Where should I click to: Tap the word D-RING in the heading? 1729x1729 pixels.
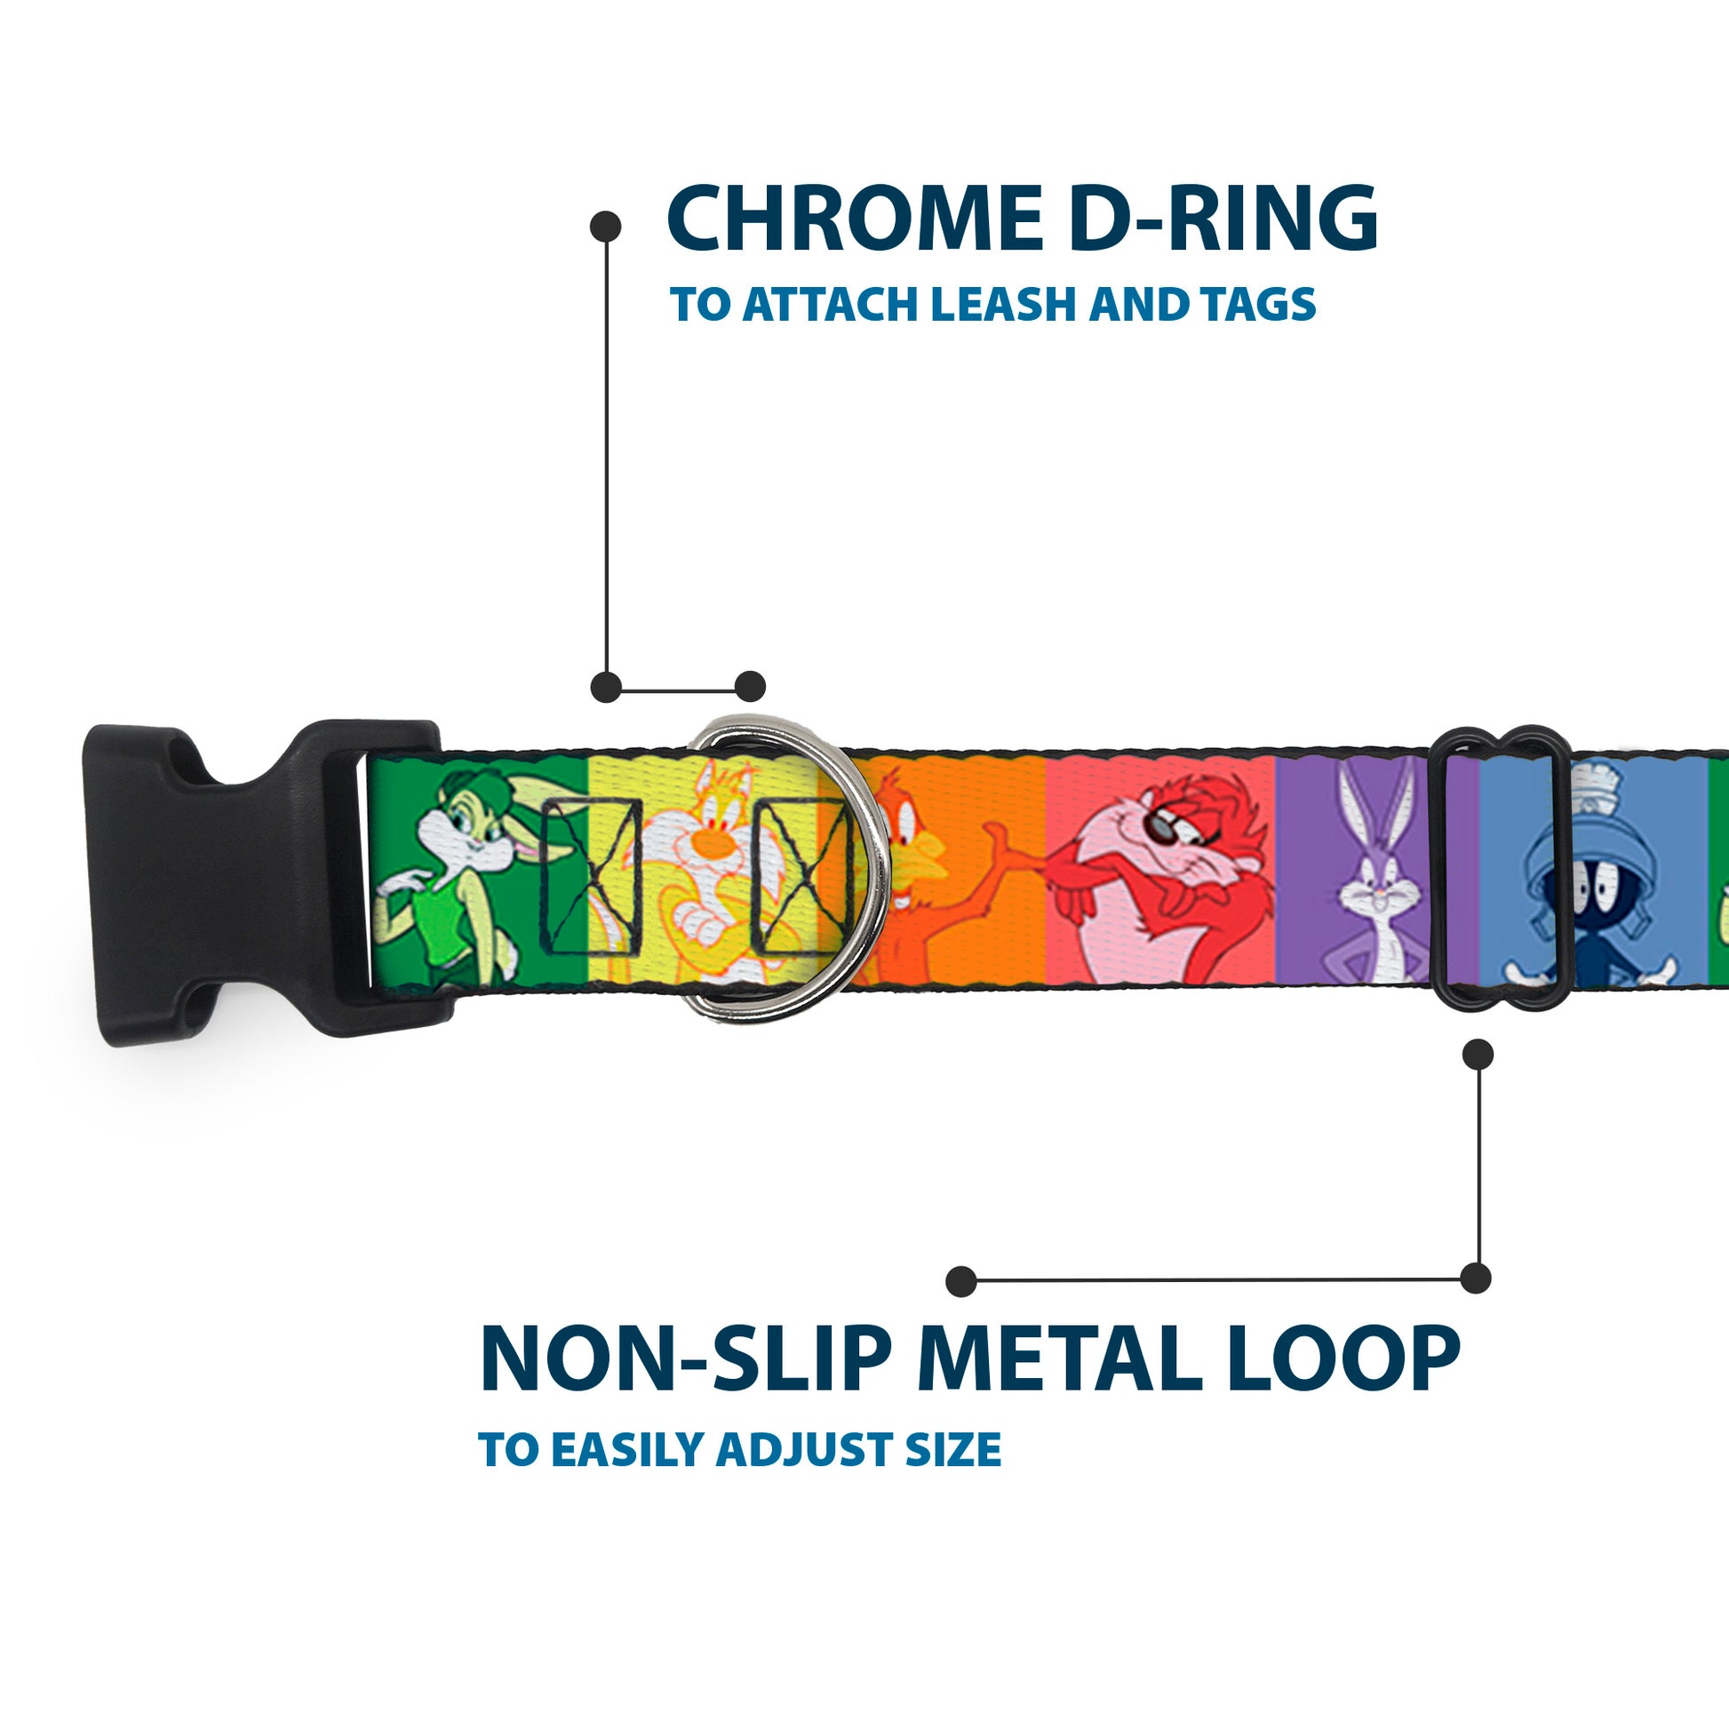click(1223, 219)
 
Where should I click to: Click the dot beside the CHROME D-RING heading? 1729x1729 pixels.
click(606, 227)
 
